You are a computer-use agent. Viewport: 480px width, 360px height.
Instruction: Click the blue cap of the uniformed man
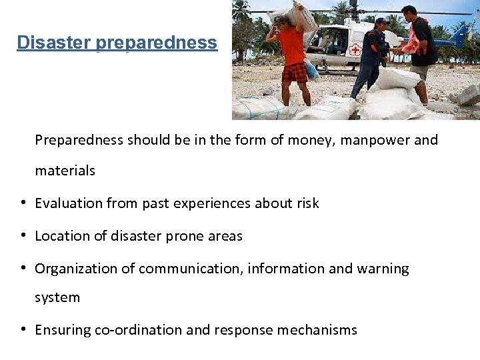[381, 21]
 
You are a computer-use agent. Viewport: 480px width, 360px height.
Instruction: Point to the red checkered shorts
[294, 71]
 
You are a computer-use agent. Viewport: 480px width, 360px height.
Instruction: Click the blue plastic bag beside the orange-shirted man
[311, 69]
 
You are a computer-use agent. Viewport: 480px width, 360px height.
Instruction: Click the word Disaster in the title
[54, 43]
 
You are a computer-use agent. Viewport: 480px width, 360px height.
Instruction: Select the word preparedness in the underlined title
[156, 43]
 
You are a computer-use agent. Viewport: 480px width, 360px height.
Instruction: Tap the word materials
[65, 171]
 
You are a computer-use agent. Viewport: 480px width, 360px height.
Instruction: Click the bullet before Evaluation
[24, 203]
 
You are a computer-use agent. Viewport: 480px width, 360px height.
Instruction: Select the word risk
[306, 203]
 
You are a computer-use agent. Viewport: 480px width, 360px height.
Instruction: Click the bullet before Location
[24, 235]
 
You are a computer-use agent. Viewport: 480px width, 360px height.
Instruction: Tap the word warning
[383, 269]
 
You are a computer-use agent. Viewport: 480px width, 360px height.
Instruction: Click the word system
[57, 297]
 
